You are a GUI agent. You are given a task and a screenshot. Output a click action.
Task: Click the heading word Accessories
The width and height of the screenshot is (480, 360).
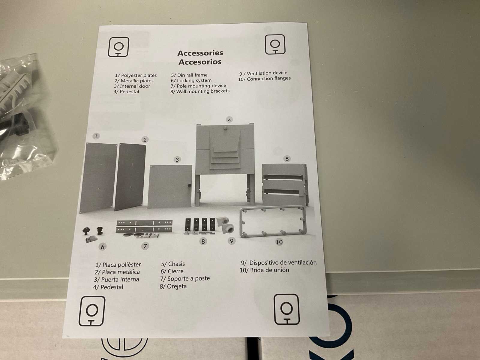pos(200,53)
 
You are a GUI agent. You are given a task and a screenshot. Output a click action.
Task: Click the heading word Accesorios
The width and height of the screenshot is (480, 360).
pos(200,62)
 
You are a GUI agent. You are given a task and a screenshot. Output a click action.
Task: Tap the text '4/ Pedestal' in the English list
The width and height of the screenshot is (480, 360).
pos(126,91)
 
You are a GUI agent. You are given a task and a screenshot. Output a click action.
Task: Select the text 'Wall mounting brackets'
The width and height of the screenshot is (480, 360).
pos(203,91)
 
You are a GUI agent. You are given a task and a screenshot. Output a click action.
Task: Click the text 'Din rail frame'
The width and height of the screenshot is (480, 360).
pos(192,75)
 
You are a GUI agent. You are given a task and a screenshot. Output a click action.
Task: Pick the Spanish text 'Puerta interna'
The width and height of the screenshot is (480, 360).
pos(120,279)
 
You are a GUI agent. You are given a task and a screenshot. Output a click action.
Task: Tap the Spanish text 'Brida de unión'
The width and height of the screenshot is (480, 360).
pos(269,270)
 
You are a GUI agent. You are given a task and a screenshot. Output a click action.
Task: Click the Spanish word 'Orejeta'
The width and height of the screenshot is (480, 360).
pos(177,286)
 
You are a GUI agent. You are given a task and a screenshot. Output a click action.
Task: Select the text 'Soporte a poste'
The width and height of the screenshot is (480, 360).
pos(188,279)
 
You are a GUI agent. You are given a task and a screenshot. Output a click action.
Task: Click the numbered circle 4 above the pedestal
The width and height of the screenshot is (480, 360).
pos(229,120)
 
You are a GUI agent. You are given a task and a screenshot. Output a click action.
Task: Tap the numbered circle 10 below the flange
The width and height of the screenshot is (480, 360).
pos(279,242)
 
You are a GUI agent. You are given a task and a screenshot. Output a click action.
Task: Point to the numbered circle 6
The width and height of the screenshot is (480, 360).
pos(102,247)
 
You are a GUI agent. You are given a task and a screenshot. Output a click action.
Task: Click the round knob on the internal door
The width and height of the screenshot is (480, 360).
pos(189,186)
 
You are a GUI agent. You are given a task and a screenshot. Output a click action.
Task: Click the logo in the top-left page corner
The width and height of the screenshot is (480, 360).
pos(118,47)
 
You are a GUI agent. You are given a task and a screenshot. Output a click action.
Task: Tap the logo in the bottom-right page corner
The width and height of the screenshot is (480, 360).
pos(286,309)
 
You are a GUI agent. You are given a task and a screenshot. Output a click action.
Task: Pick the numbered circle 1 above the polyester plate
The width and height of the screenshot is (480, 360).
pos(96,136)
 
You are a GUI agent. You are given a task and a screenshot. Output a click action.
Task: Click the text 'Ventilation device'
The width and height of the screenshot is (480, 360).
pos(267,73)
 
